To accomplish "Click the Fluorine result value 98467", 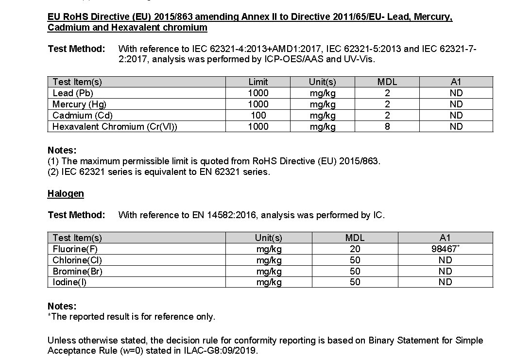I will (444, 249).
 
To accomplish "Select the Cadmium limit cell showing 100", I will (258, 116).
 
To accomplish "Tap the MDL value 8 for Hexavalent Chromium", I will (387, 127).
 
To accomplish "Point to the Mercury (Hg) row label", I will (79, 104).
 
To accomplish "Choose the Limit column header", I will (258, 82).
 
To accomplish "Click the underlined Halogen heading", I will (66, 193).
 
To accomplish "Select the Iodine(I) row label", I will (69, 282).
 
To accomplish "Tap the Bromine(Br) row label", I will (77, 271).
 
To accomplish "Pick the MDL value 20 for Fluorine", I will (355, 249).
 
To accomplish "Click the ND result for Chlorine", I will (445, 260).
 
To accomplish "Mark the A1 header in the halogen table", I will (445, 238).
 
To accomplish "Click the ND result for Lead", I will (456, 93).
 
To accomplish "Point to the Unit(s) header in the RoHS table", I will (323, 82).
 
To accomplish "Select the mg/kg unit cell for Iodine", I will (269, 282).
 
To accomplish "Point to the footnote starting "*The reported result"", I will (131, 317).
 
